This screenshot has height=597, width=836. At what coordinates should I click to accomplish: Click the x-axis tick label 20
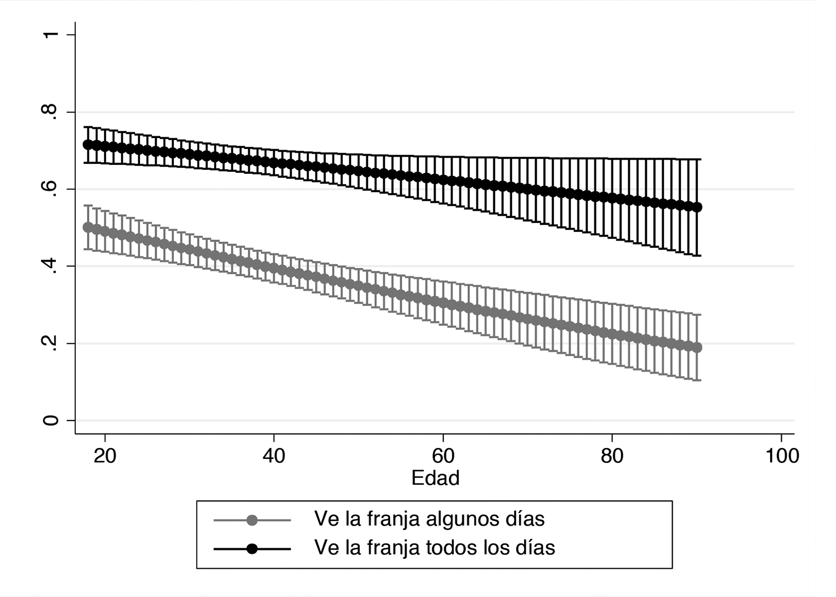click(105, 456)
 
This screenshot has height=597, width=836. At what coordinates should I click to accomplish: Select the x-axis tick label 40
click(274, 456)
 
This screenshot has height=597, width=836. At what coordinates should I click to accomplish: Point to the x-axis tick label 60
click(443, 456)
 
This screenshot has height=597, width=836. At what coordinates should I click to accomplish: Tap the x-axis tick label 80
click(612, 456)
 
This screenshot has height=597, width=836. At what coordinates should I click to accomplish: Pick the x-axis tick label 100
click(781, 456)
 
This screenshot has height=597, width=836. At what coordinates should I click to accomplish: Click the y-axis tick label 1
click(52, 34)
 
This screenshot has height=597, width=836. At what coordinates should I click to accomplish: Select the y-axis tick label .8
click(52, 112)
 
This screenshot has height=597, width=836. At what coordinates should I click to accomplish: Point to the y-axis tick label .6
click(52, 189)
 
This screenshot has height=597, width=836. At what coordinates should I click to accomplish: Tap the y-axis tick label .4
click(52, 266)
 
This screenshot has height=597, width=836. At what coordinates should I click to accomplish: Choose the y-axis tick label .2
click(52, 343)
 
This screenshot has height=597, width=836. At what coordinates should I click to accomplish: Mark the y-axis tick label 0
click(52, 421)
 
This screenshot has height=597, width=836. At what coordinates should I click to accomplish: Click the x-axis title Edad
click(435, 478)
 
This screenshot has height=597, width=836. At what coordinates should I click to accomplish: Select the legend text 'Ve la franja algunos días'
click(429, 519)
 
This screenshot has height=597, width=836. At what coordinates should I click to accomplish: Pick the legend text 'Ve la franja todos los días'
click(434, 547)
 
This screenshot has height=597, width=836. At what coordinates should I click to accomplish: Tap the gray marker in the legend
click(252, 520)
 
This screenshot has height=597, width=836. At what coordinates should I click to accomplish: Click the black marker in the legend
click(252, 548)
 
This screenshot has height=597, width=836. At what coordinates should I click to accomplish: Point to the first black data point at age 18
click(88, 145)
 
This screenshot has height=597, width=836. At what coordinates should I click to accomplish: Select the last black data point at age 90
click(697, 207)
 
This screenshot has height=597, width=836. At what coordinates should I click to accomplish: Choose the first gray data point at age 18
click(88, 227)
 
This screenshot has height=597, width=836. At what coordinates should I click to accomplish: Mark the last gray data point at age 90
click(697, 348)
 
